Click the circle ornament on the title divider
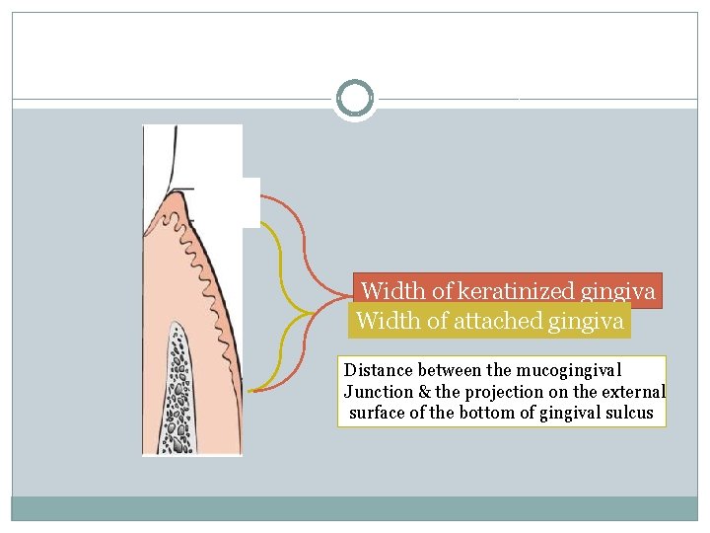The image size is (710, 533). coord(355,99)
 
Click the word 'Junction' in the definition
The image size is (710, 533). coord(378,392)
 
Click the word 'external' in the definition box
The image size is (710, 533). coord(632,392)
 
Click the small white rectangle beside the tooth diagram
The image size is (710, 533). coord(250,202)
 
